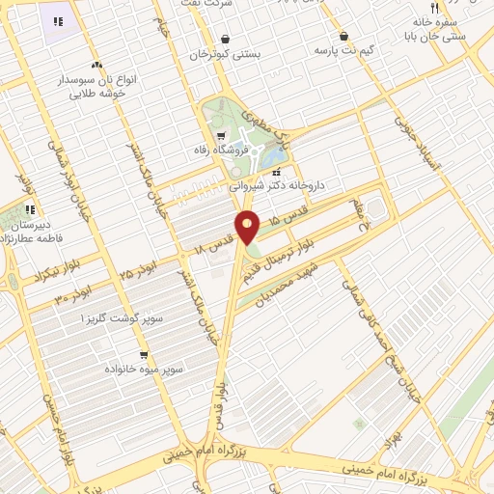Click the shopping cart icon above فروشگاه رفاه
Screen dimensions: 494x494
pos(222,136)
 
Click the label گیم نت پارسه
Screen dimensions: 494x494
pos(343,49)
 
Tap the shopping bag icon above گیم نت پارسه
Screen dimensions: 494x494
pos(343,35)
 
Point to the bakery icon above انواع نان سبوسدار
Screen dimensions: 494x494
pos(95,64)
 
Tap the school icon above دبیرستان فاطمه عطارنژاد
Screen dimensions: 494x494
pos(31,209)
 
